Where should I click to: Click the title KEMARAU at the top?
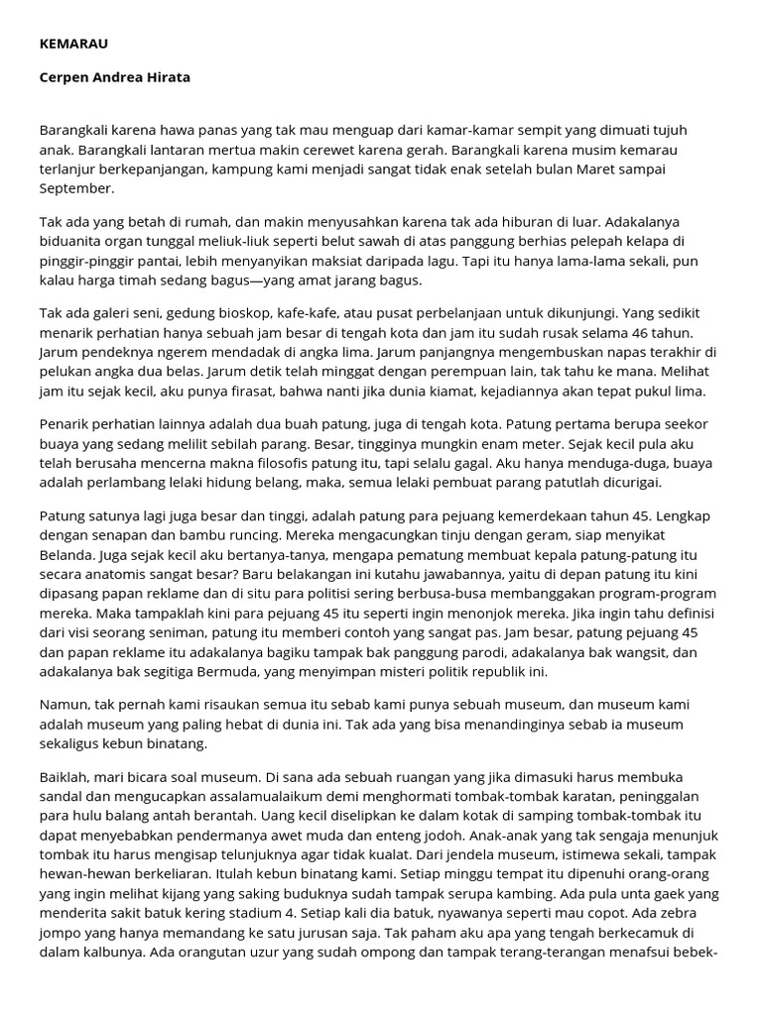pyautogui.click(x=71, y=45)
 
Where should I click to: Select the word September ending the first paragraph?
pyautogui.click(x=77, y=186)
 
